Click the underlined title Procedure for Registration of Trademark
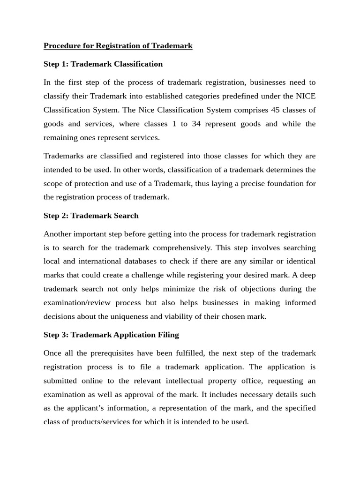[x=118, y=46]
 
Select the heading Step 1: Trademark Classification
[x=103, y=64]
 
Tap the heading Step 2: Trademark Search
[x=91, y=216]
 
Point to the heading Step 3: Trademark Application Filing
[x=111, y=335]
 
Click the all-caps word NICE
[x=307, y=96]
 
